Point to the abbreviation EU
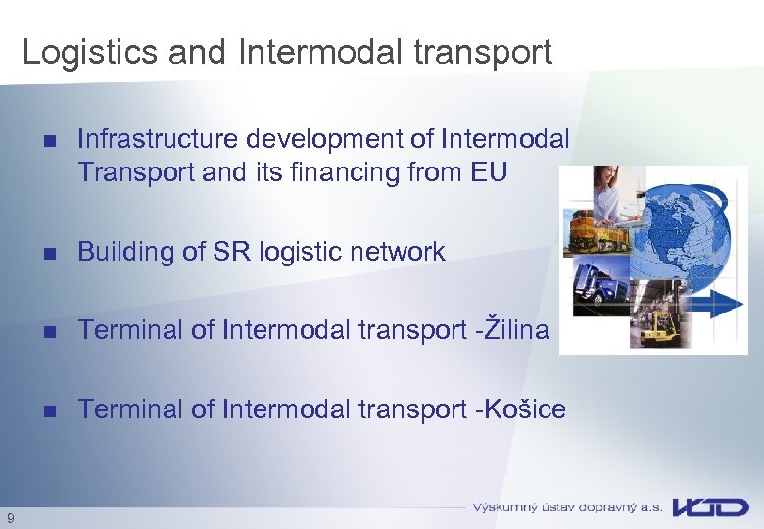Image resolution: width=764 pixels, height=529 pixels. [489, 172]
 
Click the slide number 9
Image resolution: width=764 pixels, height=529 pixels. [10, 517]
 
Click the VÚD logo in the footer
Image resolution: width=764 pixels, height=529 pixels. [709, 507]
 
